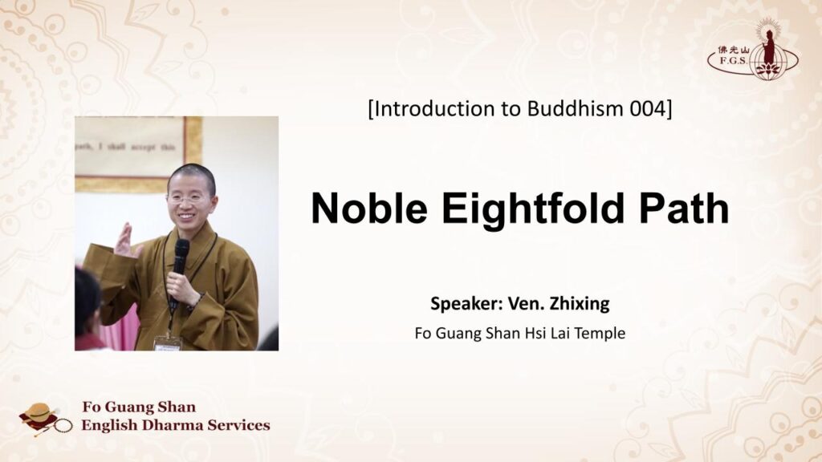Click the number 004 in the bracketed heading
[646, 109]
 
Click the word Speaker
[461, 304]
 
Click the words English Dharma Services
[175, 425]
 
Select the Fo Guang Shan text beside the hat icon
[138, 407]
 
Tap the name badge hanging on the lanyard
[168, 342]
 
